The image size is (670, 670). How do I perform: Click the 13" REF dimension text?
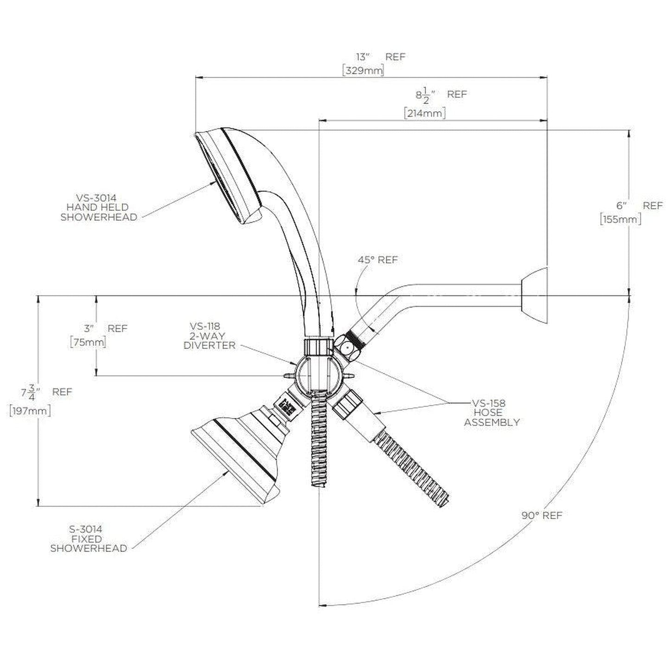tap(380, 57)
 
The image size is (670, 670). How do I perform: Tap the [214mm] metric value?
tap(425, 113)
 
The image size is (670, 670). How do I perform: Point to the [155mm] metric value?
tap(620, 219)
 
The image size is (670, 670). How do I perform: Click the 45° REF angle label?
tap(377, 260)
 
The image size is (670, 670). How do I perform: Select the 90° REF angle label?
tap(542, 515)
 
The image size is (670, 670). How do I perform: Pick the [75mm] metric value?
tap(88, 343)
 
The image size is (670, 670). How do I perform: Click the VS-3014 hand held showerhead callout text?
tap(99, 208)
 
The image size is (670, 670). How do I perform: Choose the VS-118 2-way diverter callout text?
tap(209, 336)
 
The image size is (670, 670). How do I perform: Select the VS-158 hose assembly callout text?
tap(491, 413)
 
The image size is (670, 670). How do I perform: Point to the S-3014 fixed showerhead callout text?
tap(88, 539)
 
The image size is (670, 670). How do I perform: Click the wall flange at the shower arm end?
tap(535, 295)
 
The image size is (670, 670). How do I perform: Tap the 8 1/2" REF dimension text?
tap(440, 95)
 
